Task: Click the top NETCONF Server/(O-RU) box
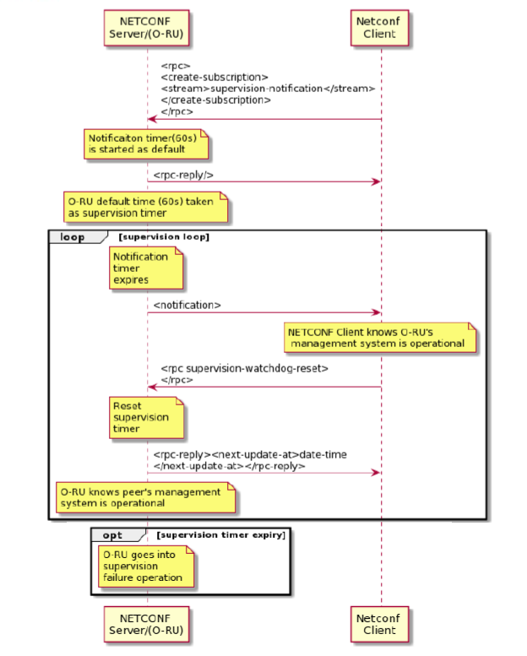(x=146, y=28)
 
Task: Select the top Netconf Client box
(x=380, y=28)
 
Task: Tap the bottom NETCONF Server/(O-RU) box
(x=146, y=624)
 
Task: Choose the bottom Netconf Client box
(x=380, y=624)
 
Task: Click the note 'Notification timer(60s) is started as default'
(x=146, y=144)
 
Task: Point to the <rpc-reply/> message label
(x=183, y=175)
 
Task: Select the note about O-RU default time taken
(x=145, y=207)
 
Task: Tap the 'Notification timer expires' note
(x=146, y=268)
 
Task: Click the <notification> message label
(x=187, y=306)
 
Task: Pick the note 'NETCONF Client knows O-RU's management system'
(x=380, y=338)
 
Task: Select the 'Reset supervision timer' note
(x=146, y=418)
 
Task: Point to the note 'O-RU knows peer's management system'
(x=145, y=497)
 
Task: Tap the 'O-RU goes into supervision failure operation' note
(x=146, y=567)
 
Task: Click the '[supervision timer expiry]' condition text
(x=221, y=535)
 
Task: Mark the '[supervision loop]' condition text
(x=164, y=236)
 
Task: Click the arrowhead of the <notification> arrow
(x=378, y=312)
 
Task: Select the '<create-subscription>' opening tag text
(x=215, y=78)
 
